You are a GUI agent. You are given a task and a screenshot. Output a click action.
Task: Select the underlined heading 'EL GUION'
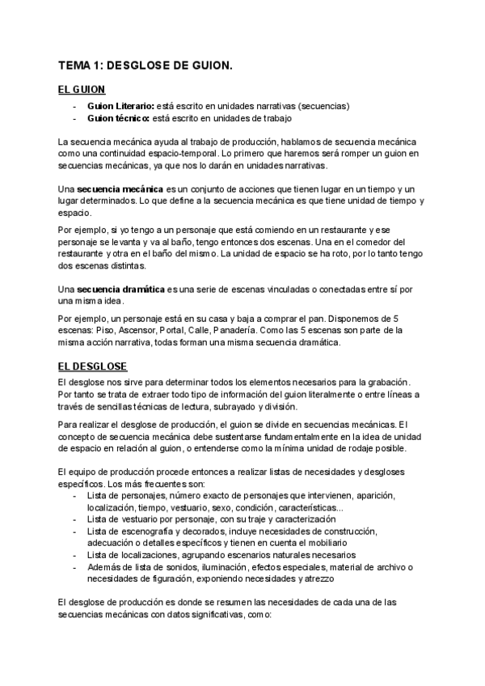[81, 89]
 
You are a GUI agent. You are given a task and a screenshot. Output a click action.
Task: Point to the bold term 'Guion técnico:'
[118, 118]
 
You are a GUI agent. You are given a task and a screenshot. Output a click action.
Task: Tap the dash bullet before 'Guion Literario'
[74, 106]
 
